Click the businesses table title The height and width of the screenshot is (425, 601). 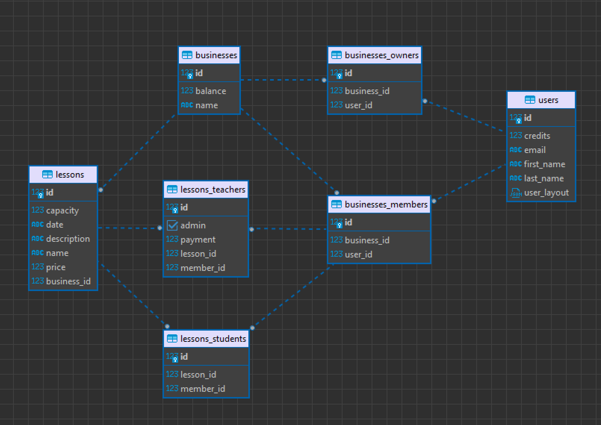216,55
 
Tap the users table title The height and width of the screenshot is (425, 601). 548,100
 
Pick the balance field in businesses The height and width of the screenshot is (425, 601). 211,91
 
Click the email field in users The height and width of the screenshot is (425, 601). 535,150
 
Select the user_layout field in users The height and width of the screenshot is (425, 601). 546,193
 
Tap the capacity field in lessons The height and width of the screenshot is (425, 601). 62,210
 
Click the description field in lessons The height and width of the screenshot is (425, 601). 68,239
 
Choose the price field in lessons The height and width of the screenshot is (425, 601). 56,268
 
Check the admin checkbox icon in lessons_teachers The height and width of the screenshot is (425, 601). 172,225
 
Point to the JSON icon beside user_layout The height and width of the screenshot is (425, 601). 515,193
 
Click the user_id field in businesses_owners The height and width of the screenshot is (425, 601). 359,105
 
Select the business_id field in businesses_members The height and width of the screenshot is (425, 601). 367,240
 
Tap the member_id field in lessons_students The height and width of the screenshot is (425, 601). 202,389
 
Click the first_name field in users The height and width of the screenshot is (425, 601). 544,164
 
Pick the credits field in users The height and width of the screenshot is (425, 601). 537,136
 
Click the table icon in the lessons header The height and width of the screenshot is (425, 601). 47,175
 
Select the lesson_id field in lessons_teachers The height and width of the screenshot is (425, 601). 198,254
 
